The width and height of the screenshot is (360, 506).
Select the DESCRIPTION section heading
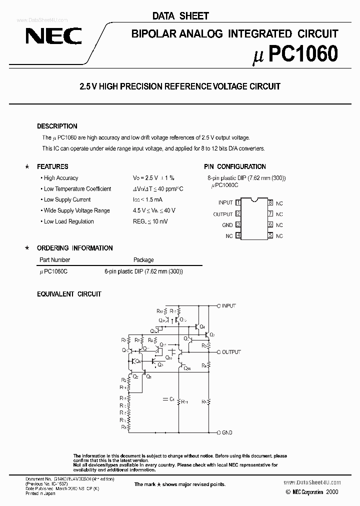57,126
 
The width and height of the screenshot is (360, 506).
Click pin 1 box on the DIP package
238,202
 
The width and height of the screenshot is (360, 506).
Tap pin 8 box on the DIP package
270,202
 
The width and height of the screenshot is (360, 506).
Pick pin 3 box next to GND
238,225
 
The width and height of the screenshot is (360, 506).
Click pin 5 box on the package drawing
270,235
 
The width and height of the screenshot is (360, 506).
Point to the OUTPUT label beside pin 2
223,214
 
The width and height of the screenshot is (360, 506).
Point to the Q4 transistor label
202,326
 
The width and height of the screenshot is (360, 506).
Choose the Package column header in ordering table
143,260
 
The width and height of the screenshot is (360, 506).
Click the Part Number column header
54,260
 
